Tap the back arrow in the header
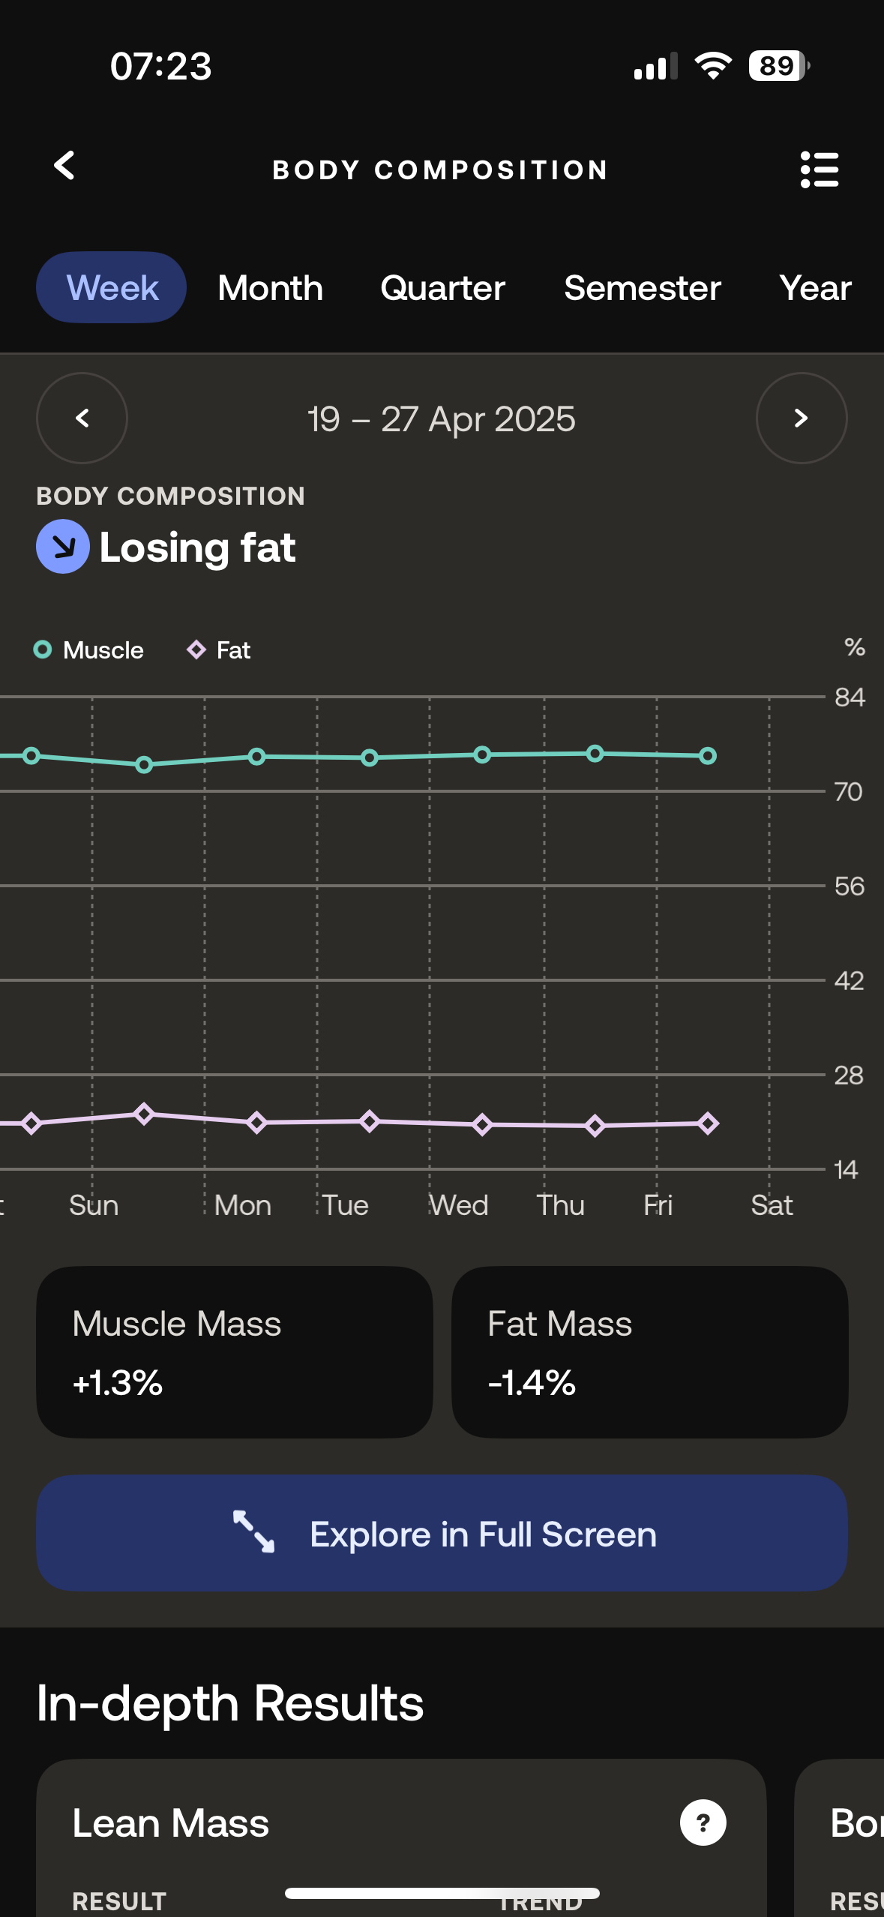(65, 166)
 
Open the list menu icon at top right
(819, 169)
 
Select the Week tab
(112, 288)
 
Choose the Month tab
(270, 288)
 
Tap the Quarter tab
(442, 288)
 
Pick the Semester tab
(642, 288)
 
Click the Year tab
(815, 288)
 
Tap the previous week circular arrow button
(82, 418)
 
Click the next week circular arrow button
(801, 418)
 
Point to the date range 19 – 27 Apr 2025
(442, 419)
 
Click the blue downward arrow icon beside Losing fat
(63, 547)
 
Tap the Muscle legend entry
(89, 649)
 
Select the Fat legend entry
(219, 649)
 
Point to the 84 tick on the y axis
(849, 697)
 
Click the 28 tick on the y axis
(849, 1075)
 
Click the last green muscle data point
(708, 756)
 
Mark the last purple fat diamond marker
(708, 1123)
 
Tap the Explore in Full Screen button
(442, 1534)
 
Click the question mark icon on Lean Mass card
(703, 1822)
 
